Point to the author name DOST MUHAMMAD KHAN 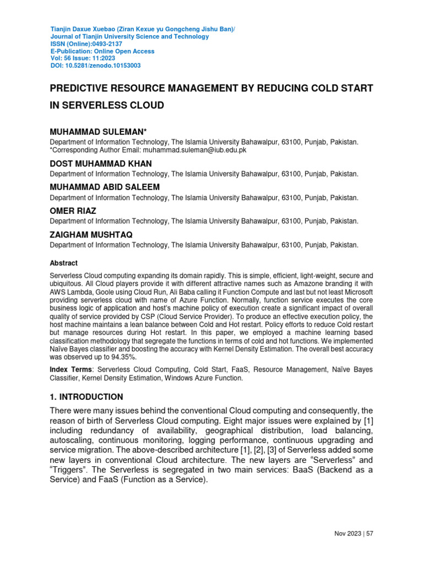pos(101,164)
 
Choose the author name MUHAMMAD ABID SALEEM pos(105,187)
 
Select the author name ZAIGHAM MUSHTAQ pos(91,235)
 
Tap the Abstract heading pos(64,263)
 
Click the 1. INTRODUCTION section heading pos(86,396)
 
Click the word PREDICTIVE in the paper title pos(83,89)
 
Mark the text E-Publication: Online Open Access pos(102,51)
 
